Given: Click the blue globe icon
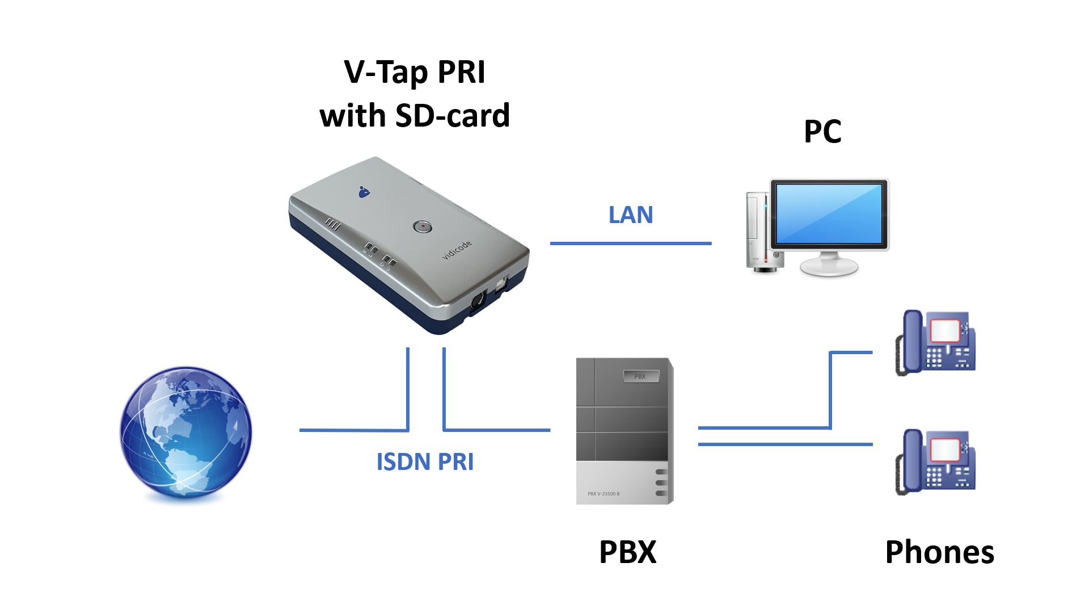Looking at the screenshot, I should pos(186,433).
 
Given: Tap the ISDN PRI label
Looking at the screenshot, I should pos(425,462).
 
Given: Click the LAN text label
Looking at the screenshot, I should pos(631,215).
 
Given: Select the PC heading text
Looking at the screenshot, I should pos(822,132).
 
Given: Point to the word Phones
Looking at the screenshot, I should pos(939,552).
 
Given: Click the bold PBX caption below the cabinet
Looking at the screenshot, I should pos(627,552).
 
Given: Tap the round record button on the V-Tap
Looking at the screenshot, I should pos(423,227).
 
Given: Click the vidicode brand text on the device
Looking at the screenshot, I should pos(457,250).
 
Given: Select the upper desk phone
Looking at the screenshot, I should pos(936,342).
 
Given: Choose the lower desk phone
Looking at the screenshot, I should pos(936,461).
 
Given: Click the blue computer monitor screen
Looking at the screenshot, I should pos(829,213).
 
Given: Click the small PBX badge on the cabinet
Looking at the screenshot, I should pos(641,376).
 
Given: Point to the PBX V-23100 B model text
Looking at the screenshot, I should pos(603,494).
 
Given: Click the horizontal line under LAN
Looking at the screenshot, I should pos(631,243).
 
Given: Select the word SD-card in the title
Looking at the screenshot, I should pos(453,116).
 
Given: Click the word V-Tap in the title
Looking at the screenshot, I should pos(386,73).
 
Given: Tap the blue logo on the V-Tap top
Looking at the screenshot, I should pos(364,192).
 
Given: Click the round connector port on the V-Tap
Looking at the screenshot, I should pos(478,300).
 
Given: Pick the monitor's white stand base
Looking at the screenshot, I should pos(829,266).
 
